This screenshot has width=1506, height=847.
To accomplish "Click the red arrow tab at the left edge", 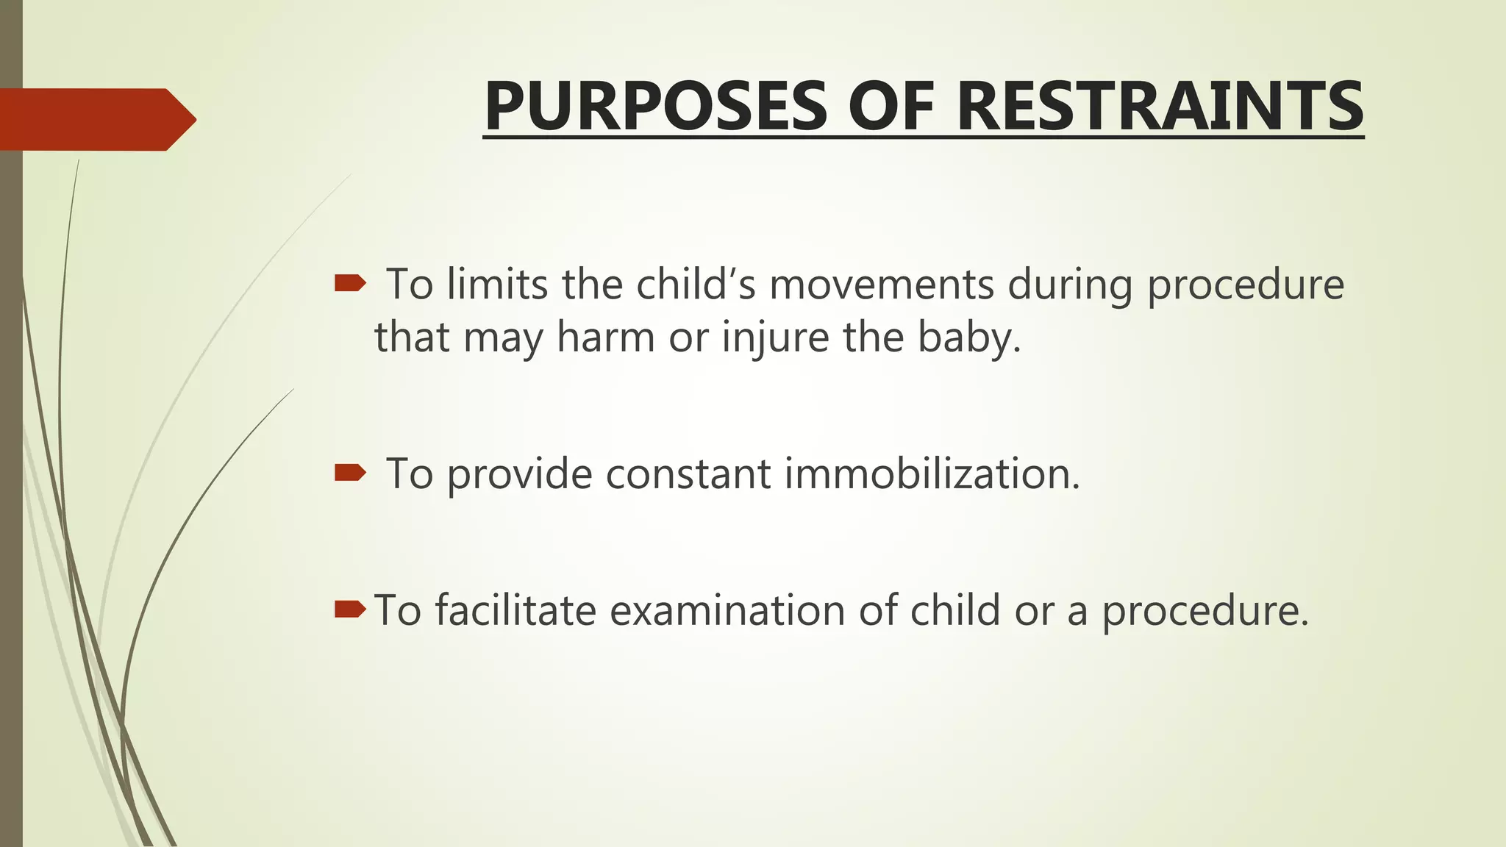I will click(96, 119).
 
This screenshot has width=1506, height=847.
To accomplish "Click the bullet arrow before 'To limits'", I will click(350, 283).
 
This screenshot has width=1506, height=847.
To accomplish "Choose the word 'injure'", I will click(775, 338).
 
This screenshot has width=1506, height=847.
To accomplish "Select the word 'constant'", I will click(688, 473).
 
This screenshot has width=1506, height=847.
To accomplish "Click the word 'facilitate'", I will click(515, 610).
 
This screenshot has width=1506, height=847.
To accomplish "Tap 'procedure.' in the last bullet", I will click(1205, 612).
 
